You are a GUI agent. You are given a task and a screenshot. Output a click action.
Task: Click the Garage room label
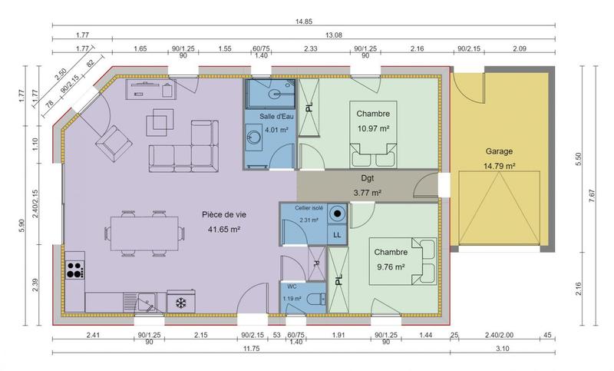pyautogui.click(x=499, y=151)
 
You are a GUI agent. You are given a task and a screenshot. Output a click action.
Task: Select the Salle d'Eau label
pyautogui.click(x=276, y=116)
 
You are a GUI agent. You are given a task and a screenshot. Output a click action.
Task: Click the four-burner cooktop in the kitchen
pyautogui.click(x=75, y=270)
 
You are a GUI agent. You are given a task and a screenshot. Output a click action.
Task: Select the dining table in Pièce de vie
pyautogui.click(x=146, y=230)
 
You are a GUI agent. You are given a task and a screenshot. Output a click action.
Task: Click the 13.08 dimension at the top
pyautogui.click(x=335, y=35)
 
